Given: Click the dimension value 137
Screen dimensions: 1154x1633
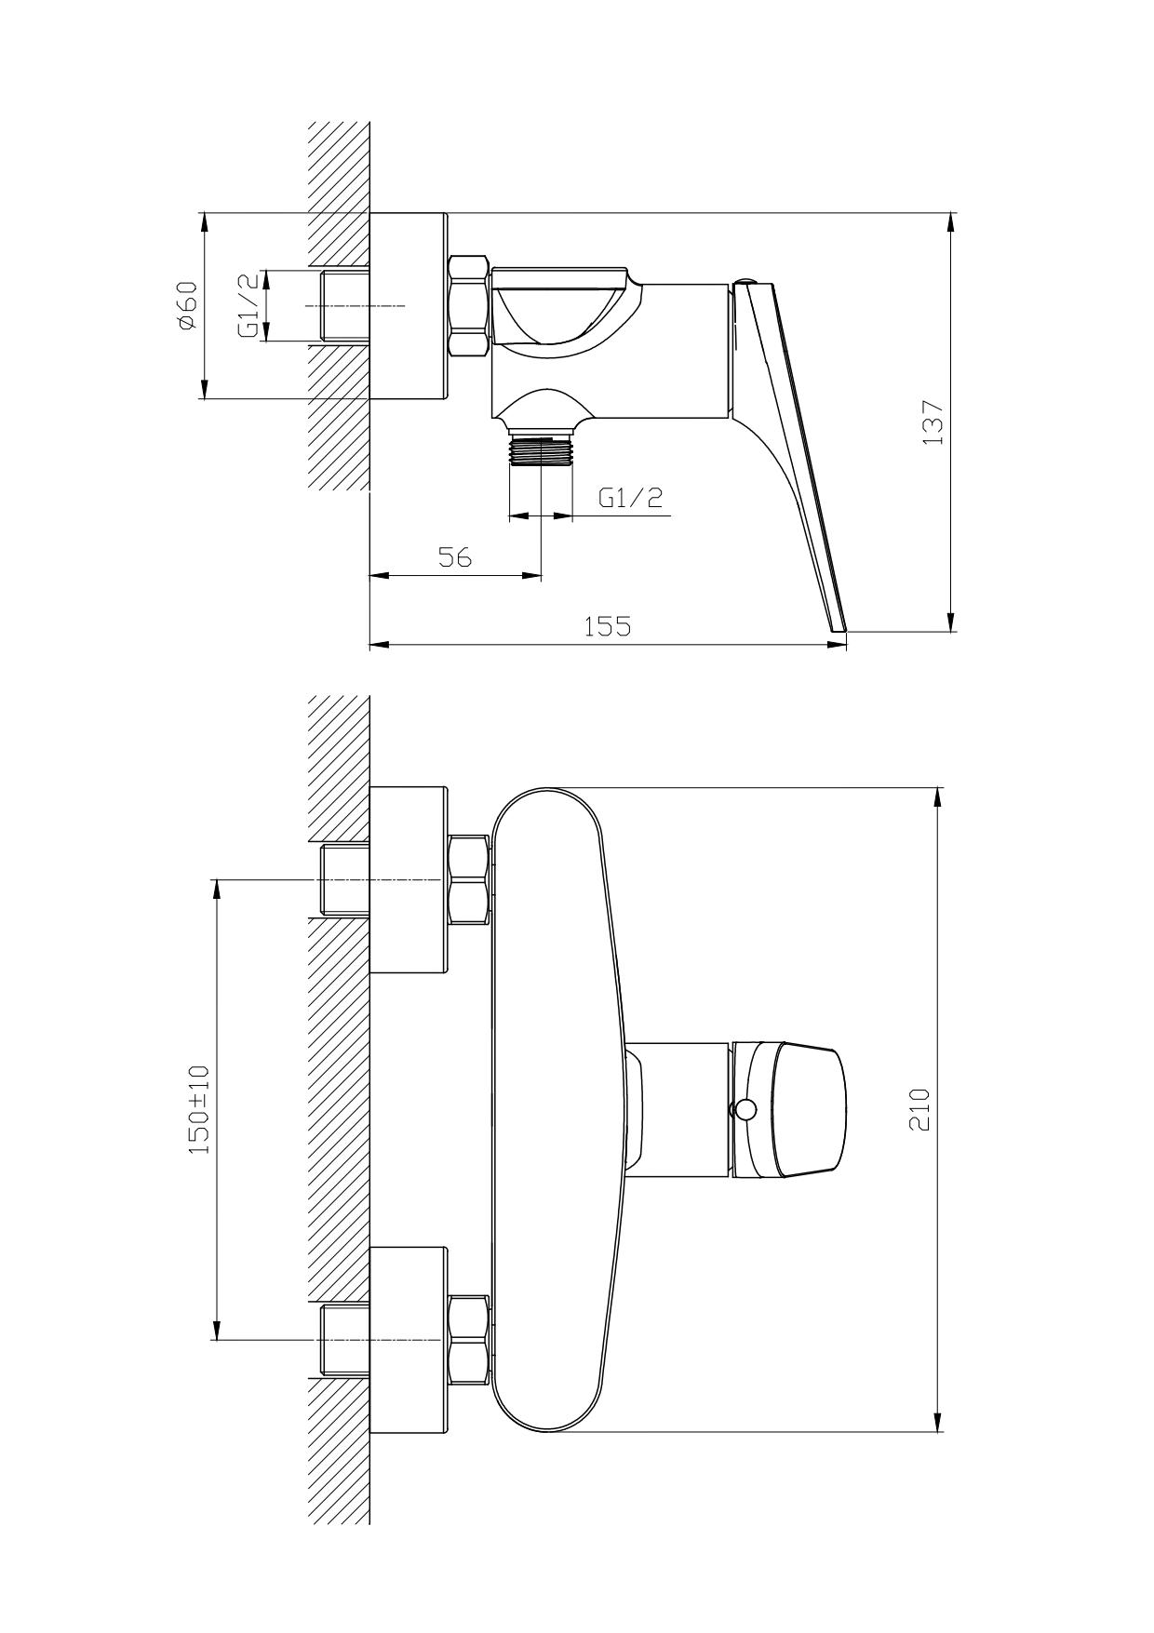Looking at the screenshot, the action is point(933,422).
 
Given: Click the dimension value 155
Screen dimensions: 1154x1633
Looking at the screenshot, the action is point(607,626).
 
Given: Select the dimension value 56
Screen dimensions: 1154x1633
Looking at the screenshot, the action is point(456,557).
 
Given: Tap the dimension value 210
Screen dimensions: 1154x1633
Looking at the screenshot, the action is point(919,1109).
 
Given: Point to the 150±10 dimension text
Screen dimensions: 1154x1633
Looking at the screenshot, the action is point(200,1110).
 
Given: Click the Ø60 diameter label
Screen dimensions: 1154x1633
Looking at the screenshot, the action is point(187,305).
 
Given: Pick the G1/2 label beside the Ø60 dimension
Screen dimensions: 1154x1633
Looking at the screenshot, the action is point(248,306).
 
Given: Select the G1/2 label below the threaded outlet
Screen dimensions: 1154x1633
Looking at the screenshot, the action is point(630,498).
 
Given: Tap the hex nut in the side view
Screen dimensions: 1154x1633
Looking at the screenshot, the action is point(469,306).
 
